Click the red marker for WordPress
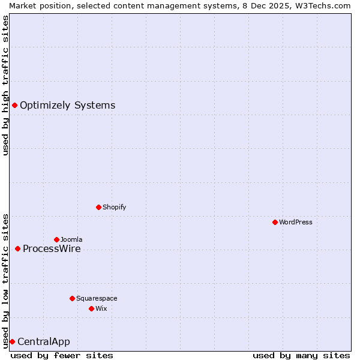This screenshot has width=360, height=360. tap(275, 222)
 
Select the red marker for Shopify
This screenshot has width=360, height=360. tap(98, 207)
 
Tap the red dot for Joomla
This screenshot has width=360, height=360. tap(56, 239)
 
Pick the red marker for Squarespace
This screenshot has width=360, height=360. tap(72, 298)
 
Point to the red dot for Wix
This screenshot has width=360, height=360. tap(91, 308)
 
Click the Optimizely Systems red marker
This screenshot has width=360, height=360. tap(14, 106)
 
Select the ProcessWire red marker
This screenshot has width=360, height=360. tap(17, 248)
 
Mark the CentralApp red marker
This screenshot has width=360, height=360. tap(12, 341)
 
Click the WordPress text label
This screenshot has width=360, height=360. tap(296, 222)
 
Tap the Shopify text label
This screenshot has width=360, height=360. tap(114, 207)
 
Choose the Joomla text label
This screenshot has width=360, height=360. tap(71, 239)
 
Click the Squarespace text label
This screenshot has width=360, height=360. tap(97, 298)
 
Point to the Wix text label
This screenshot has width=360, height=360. tap(101, 308)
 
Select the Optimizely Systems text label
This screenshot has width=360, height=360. tap(67, 106)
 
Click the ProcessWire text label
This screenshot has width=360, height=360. tap(52, 248)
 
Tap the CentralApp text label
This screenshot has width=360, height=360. tap(44, 342)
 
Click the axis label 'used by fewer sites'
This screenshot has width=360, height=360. tap(62, 355)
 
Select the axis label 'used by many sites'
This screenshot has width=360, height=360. tap(301, 355)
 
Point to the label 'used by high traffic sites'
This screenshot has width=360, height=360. tap(5, 85)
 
